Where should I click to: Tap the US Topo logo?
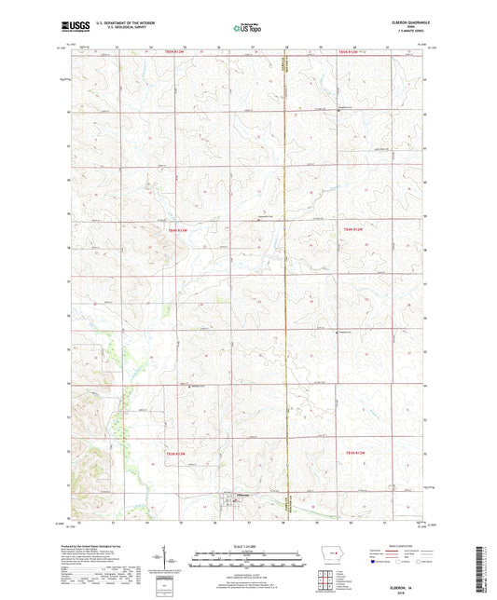(246, 28)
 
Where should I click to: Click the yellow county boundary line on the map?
(286, 280)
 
